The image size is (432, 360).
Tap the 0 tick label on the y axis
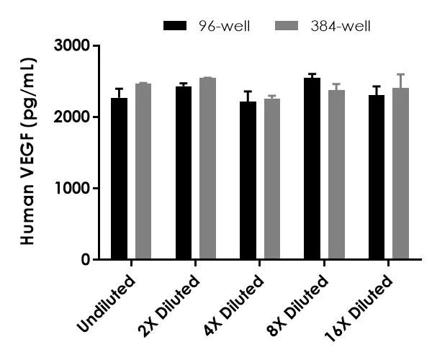(x=85, y=259)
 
